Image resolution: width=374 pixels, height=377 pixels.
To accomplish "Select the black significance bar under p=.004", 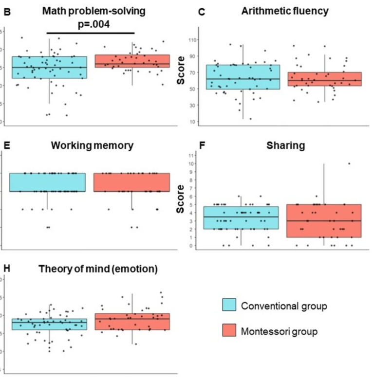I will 91,33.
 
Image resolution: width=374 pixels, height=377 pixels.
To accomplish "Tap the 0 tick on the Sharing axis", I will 193,246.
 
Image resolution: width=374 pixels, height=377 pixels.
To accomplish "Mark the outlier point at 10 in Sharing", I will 349,163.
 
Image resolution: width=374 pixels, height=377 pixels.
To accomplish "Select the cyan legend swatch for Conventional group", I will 230,306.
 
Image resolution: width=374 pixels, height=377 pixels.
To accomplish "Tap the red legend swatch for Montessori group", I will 230,332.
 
